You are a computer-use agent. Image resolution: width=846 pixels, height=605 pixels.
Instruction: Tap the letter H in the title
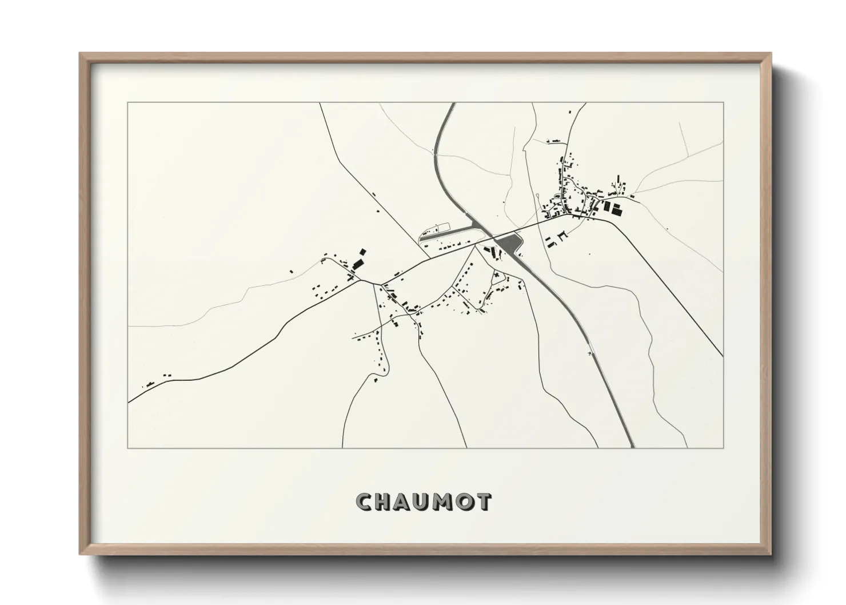coord(384,502)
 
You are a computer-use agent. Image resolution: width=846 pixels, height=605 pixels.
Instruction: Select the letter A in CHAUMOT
coord(404,502)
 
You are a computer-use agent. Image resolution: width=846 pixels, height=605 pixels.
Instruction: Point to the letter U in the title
coord(424,502)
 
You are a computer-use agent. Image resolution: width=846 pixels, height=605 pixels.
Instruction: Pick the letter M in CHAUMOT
coord(445,502)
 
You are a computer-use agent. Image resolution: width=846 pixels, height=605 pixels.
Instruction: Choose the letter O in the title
coord(465,502)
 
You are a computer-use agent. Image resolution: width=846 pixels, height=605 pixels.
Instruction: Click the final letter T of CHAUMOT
coord(484,502)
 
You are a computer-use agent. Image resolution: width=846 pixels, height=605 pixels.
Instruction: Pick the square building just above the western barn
coord(362,251)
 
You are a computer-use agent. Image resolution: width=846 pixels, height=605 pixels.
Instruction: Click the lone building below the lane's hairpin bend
coord(376,379)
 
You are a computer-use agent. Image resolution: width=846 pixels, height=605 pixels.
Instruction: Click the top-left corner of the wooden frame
coord(80,54)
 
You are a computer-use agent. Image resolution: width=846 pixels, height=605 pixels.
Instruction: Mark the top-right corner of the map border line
coord(723,103)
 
